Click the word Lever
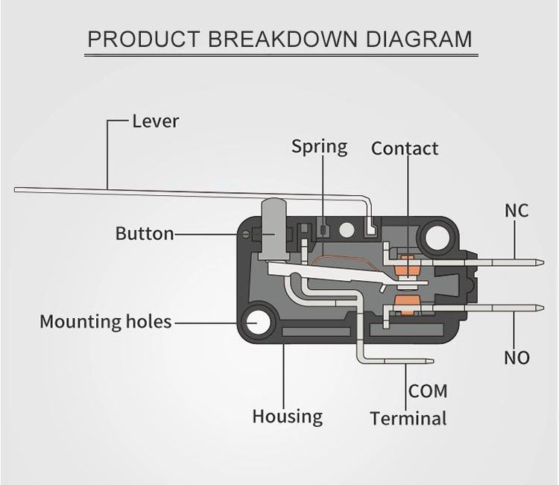pyautogui.click(x=155, y=121)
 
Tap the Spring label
pyautogui.click(x=319, y=147)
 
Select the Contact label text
pyautogui.click(x=405, y=149)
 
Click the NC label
pyautogui.click(x=517, y=211)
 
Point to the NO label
pyautogui.click(x=517, y=358)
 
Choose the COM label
pyautogui.click(x=428, y=390)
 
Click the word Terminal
pyautogui.click(x=408, y=419)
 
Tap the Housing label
pyautogui.click(x=287, y=416)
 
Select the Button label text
pyautogui.click(x=145, y=234)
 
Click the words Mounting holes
pyautogui.click(x=105, y=322)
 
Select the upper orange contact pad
pyautogui.click(x=407, y=264)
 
